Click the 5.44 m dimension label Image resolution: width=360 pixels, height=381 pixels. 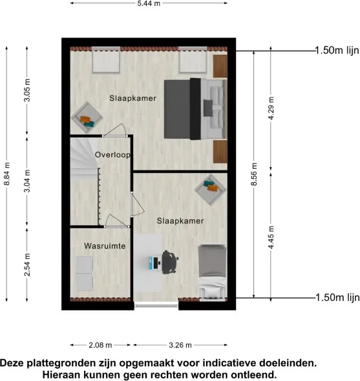(149, 3)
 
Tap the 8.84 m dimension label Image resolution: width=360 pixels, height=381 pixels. (7, 174)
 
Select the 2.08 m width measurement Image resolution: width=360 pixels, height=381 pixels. (100, 345)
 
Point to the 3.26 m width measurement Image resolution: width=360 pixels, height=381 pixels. (180, 345)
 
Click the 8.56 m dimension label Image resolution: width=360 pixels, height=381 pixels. (254, 174)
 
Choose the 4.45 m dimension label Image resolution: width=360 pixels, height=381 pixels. (271, 237)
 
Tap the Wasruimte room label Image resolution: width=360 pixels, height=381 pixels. (105, 246)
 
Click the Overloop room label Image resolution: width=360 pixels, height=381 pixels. (112, 155)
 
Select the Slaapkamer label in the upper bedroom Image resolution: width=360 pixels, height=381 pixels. (132, 98)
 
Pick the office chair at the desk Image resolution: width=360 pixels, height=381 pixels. (170, 262)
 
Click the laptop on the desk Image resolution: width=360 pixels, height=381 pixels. (154, 262)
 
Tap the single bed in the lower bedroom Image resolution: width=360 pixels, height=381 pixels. (212, 273)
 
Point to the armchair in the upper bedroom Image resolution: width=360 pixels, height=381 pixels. (87, 118)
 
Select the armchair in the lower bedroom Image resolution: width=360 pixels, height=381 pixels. (211, 189)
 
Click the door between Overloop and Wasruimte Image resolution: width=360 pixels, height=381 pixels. (117, 221)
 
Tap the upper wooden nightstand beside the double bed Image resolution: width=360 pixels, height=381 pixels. (220, 66)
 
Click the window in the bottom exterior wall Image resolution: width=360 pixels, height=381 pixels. (156, 304)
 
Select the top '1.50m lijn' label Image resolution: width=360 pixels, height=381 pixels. (337, 50)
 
